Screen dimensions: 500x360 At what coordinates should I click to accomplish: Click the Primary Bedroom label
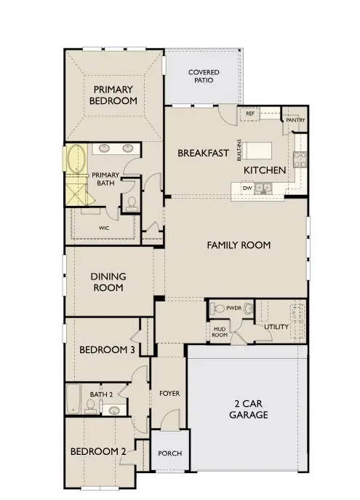(113, 95)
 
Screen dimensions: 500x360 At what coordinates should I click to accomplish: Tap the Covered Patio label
(204, 77)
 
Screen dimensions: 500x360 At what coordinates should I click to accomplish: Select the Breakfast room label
(204, 154)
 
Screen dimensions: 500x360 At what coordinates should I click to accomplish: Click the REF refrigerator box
(249, 114)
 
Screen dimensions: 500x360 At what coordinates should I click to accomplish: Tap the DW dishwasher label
(247, 188)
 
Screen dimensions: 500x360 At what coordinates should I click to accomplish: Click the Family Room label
(239, 245)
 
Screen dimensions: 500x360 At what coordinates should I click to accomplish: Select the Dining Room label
(108, 282)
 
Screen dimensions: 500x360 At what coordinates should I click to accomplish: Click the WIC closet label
(105, 227)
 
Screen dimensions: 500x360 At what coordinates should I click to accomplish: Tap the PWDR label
(233, 309)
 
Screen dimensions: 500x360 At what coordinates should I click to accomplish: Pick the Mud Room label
(220, 331)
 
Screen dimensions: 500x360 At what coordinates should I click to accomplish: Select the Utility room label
(276, 327)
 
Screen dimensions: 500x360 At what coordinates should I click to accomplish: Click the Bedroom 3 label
(107, 350)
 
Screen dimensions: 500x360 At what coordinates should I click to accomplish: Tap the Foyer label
(169, 394)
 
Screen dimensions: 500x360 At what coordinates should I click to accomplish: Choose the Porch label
(170, 453)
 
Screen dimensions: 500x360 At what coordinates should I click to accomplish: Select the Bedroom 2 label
(98, 452)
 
